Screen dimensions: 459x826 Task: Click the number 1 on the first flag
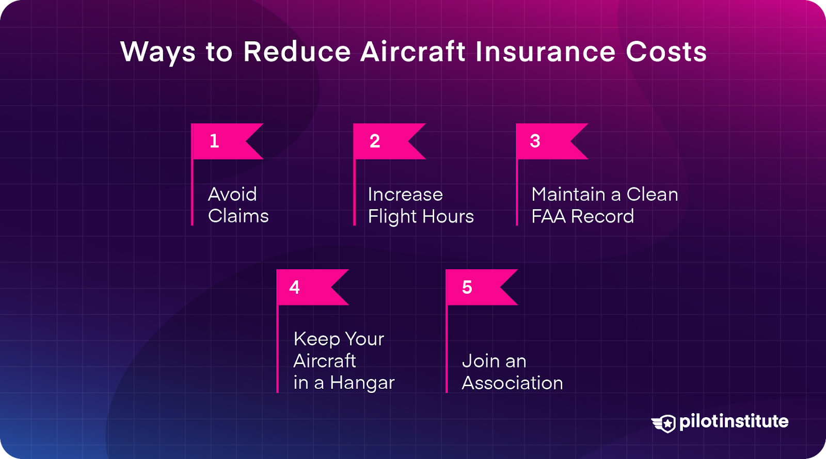(214, 141)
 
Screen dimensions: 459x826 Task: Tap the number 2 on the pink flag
(375, 141)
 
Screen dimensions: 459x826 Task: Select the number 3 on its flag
(535, 141)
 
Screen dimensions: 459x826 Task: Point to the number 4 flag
(310, 287)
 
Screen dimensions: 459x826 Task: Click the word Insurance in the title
(545, 52)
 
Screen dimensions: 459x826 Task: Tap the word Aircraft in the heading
(412, 52)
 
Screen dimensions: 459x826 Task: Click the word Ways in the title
(158, 53)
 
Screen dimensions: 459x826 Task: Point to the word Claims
(239, 216)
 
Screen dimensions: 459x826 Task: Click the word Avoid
(232, 194)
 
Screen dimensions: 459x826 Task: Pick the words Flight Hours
(421, 216)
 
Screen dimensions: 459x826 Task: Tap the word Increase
(405, 194)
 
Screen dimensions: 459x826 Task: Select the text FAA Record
(582, 216)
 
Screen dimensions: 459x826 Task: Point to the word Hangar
(362, 383)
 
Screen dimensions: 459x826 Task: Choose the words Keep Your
(339, 339)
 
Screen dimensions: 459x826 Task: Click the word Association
(512, 383)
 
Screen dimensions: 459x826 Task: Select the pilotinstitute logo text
(734, 421)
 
